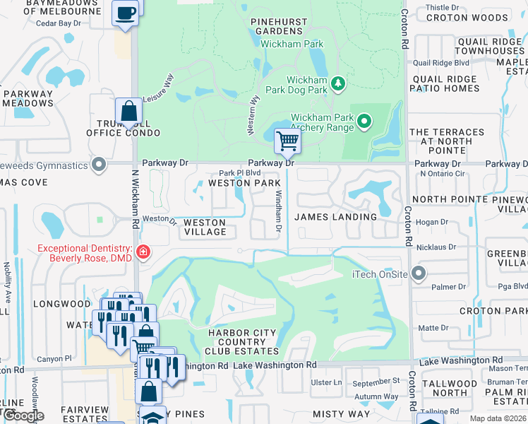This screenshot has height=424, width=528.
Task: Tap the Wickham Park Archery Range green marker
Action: (364, 122)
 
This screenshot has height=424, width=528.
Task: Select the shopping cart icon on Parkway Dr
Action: (287, 141)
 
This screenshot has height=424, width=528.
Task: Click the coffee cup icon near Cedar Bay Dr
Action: (125, 13)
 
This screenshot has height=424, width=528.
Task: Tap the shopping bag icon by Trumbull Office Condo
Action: (128, 111)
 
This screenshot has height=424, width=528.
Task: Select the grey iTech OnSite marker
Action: (419, 273)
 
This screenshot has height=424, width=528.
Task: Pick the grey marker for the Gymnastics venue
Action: (100, 165)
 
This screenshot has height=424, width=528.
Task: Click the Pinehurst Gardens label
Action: (280, 27)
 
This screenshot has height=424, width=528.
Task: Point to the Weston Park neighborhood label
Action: (244, 183)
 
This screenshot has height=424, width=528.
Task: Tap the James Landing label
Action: (335, 217)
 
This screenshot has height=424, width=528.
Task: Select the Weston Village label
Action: (205, 228)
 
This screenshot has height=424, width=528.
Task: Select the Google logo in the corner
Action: (23, 416)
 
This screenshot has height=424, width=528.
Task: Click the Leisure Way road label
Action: (157, 90)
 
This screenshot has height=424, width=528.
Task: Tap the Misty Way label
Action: (340, 414)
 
